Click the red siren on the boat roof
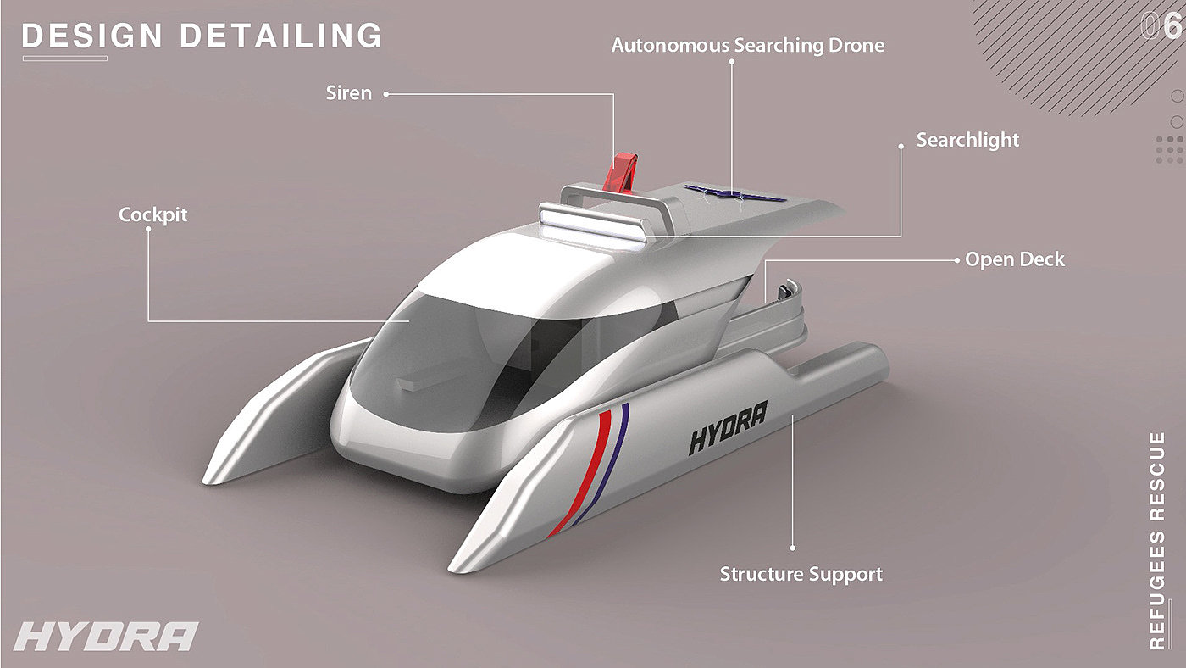point(623,173)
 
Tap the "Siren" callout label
point(348,93)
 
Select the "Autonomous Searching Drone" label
point(747,45)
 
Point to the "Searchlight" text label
point(967,140)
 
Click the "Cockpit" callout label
point(152,214)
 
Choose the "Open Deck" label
point(1015,259)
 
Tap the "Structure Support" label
point(801,574)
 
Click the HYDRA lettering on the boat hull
point(728,428)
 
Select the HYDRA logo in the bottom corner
point(106,637)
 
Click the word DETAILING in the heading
point(281,36)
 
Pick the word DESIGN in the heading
point(91,36)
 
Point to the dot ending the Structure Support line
point(792,548)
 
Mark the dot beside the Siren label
point(386,94)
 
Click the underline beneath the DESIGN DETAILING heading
point(65,58)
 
